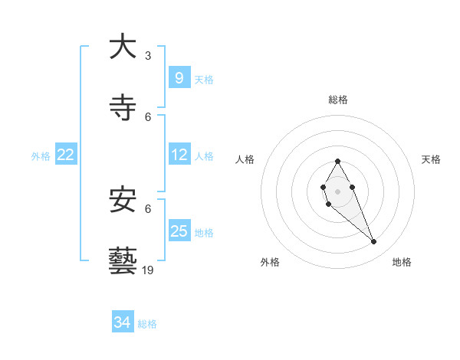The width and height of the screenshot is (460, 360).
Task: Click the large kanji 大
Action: tap(123, 47)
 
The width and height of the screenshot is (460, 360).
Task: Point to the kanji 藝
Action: tap(123, 261)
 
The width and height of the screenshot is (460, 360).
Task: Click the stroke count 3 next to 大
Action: tap(148, 56)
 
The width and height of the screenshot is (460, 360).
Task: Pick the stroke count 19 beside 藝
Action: tap(148, 270)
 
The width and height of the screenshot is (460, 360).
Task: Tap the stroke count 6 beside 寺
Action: tap(148, 117)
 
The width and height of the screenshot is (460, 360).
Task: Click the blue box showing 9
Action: tap(179, 77)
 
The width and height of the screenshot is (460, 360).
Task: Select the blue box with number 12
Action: tap(179, 155)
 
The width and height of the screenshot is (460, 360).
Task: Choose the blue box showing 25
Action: tap(179, 231)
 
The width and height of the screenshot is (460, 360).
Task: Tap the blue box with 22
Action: tap(66, 155)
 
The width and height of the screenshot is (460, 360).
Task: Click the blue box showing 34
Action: tap(123, 323)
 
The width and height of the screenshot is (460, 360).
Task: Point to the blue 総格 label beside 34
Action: tap(147, 324)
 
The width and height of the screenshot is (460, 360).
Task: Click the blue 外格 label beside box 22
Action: tap(41, 155)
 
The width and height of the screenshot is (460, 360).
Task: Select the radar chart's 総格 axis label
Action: tap(338, 100)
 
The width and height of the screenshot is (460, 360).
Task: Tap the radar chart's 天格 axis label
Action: tap(431, 159)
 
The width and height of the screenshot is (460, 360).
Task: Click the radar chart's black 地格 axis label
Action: tap(402, 262)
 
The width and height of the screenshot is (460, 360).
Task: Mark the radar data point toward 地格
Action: tap(374, 242)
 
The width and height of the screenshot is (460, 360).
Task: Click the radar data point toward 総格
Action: tap(337, 162)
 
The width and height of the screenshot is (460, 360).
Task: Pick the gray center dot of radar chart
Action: tap(337, 191)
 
